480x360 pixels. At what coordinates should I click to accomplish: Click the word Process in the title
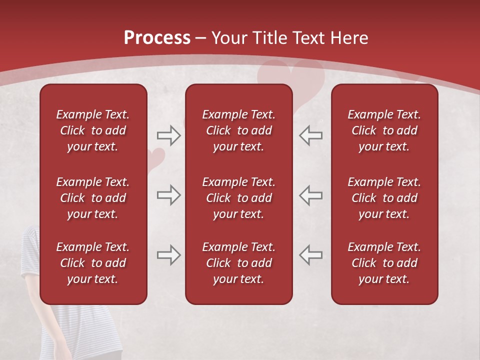157,38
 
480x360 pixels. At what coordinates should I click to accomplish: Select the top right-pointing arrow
168,135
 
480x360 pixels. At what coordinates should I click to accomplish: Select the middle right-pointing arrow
168,195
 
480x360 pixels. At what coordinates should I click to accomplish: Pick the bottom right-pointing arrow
168,255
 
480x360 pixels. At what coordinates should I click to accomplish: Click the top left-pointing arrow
311,135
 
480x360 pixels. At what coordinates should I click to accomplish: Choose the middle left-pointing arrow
311,195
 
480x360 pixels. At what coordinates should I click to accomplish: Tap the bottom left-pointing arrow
311,255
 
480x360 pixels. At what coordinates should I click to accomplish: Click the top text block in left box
93,130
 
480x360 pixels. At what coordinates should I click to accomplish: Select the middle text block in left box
93,198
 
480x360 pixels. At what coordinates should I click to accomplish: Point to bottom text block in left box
93,263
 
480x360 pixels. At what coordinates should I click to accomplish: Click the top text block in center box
239,130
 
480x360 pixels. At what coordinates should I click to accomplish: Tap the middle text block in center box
239,198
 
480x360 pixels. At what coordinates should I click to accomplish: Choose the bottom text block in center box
239,263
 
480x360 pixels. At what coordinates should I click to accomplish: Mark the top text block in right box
384,130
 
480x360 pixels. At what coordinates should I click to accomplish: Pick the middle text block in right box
384,198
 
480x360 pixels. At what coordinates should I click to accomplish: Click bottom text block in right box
384,263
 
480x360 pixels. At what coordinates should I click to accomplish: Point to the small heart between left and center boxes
156,157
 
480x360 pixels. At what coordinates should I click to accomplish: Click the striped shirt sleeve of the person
31,250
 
